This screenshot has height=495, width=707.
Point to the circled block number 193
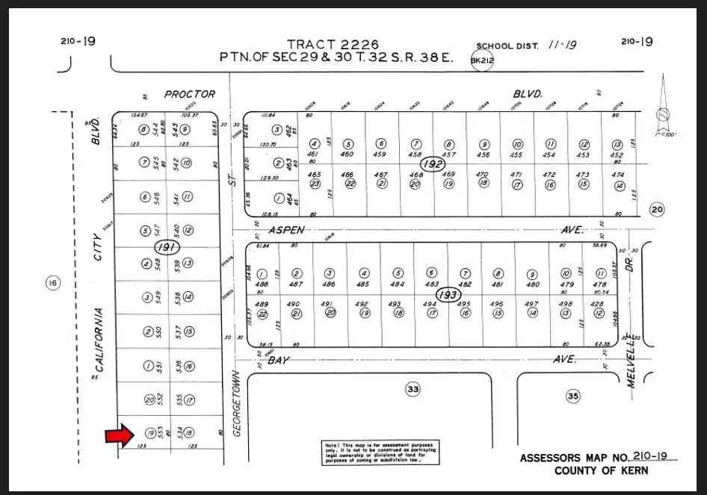pyautogui.click(x=448, y=294)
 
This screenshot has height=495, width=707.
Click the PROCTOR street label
pyautogui.click(x=190, y=94)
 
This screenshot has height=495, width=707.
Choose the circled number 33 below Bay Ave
pyautogui.click(x=413, y=388)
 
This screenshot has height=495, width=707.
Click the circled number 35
pyautogui.click(x=573, y=396)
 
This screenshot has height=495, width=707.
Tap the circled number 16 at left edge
pyautogui.click(x=52, y=282)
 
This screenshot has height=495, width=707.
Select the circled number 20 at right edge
pyautogui.click(x=657, y=210)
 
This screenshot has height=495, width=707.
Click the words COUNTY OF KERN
pyautogui.click(x=601, y=471)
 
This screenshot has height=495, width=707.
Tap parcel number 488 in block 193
pyautogui.click(x=262, y=284)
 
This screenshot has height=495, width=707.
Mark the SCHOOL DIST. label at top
pyautogui.click(x=506, y=46)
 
